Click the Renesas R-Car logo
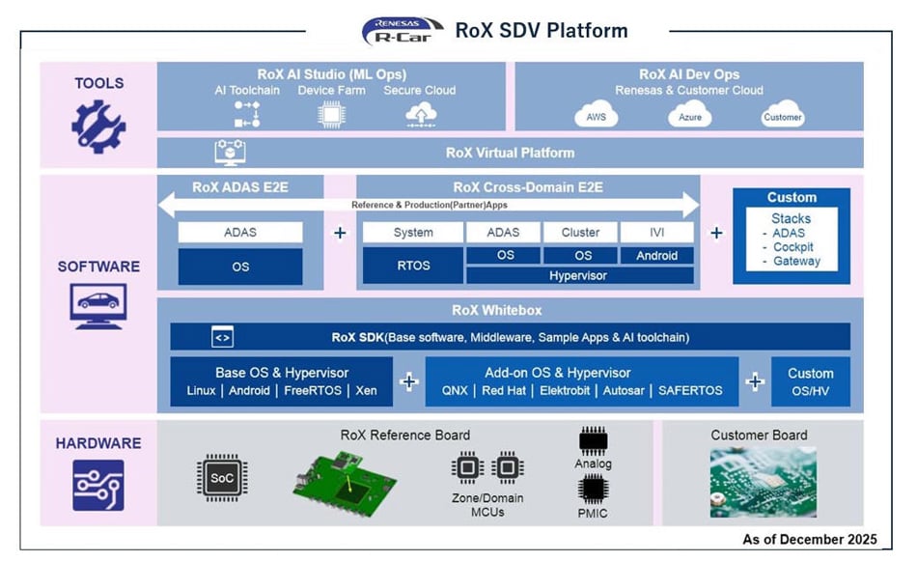(403, 31)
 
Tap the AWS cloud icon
(596, 116)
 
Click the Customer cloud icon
(782, 115)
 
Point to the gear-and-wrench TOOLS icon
(98, 126)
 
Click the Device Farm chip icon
(331, 115)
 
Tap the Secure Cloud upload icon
(420, 115)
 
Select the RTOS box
(412, 265)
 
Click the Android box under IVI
(656, 256)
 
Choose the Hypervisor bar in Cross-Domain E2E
(579, 275)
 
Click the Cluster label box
(579, 233)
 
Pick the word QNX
(455, 391)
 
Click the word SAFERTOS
(690, 391)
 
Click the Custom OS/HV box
(810, 381)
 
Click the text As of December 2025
(809, 539)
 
